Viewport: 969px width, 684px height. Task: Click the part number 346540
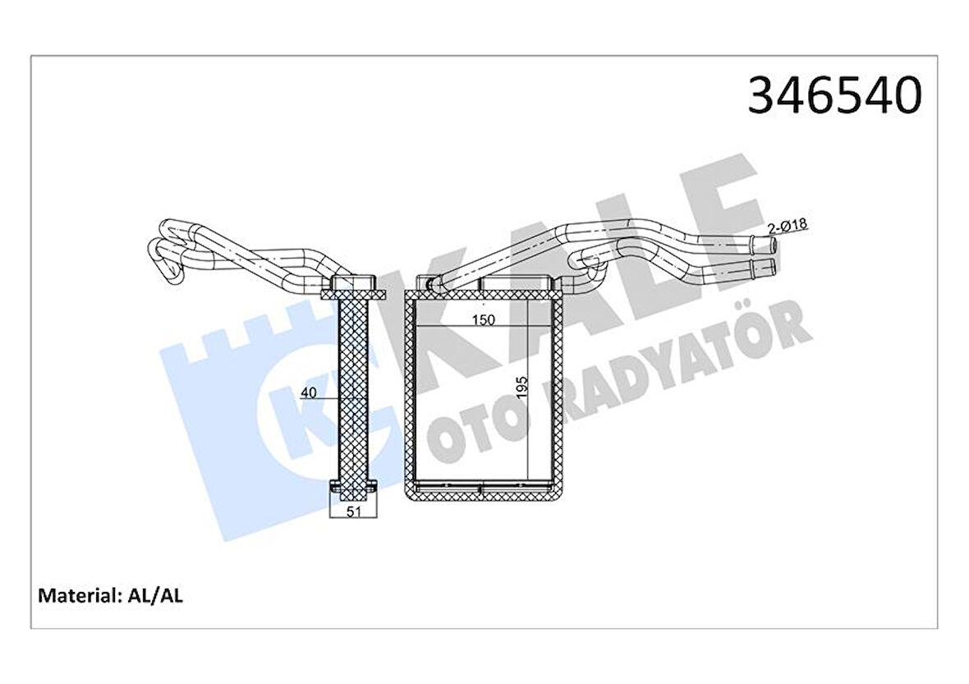pos(834,96)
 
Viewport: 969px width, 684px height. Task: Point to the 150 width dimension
pos(484,320)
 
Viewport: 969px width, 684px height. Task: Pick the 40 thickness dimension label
pos(309,392)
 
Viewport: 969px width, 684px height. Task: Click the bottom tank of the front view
pos(484,491)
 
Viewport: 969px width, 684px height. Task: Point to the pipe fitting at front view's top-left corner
pos(427,284)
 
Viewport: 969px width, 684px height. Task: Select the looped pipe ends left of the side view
pos(168,250)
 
